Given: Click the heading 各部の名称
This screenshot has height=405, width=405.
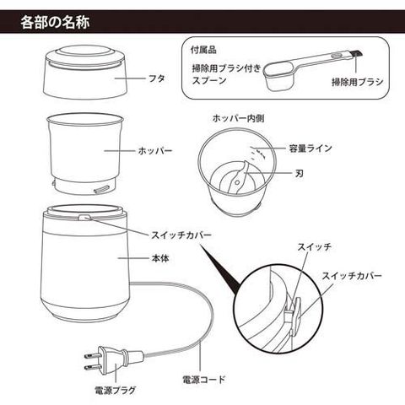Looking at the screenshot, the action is [x=55, y=22].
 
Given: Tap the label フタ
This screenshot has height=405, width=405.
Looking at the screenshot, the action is [x=156, y=78].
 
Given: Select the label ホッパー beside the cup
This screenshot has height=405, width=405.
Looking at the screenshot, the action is [x=154, y=151].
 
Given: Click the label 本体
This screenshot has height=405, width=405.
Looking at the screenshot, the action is [x=160, y=258].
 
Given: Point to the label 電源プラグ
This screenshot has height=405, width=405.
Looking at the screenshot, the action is [x=115, y=390].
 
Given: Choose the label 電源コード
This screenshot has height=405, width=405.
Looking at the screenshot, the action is [x=204, y=380].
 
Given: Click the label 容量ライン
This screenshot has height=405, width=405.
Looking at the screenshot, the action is [x=310, y=148].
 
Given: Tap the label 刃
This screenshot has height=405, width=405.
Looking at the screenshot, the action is [x=300, y=173].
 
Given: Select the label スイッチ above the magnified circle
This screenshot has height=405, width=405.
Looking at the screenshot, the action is [x=315, y=247].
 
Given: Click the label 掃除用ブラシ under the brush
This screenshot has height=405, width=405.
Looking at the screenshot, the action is [x=358, y=82].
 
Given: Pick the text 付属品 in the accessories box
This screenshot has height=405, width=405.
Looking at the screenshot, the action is [x=203, y=50].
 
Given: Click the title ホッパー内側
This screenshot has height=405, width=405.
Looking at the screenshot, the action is [x=238, y=118].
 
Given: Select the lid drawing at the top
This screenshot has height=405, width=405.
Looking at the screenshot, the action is [x=85, y=73].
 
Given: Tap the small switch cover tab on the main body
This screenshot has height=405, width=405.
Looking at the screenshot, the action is [x=84, y=217].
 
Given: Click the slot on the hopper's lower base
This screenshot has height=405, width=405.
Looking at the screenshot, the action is [x=102, y=189].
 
